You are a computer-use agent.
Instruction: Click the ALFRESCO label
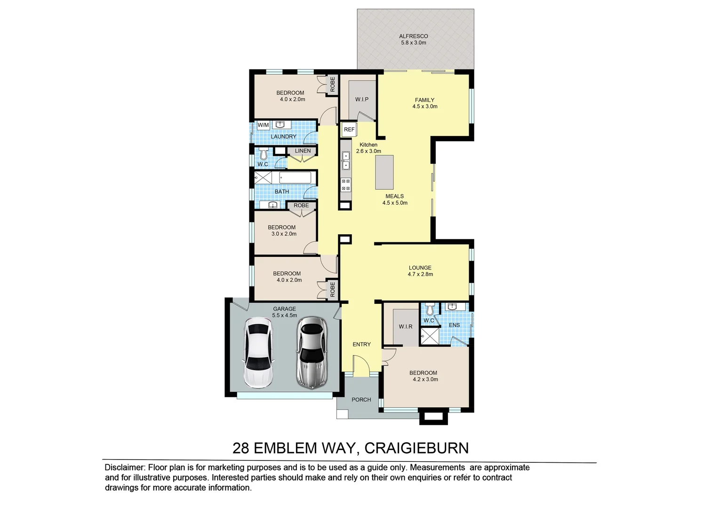pos(413,36)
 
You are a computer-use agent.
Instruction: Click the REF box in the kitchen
pos(349,129)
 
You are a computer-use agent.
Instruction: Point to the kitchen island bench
pos(384,172)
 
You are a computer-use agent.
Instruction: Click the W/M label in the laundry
pos(263,125)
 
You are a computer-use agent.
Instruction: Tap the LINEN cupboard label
pos(303,151)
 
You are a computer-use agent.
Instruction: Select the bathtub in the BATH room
pos(295,177)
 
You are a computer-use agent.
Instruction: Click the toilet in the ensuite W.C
pos(429,310)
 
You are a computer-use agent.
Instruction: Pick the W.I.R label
pos(405,326)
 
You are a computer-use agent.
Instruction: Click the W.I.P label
pos(361,99)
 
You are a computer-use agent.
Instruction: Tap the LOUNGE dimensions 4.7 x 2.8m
pos(420,274)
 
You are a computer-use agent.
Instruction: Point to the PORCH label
pos(361,400)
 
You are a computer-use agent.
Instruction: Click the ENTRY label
pos(361,344)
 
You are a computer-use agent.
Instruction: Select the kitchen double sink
pos(346,160)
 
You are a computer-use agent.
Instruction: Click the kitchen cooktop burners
pos(346,185)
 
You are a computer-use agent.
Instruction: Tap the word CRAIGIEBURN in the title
pos(416,448)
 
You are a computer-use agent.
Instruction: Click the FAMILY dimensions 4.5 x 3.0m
pos(424,107)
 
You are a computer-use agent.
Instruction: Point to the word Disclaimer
pos(125,468)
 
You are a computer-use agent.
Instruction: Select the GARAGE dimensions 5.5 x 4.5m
pos(284,316)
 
